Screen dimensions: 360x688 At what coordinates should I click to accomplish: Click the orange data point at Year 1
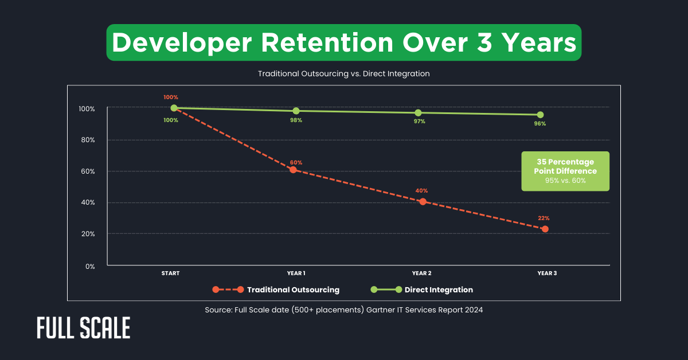click(293, 170)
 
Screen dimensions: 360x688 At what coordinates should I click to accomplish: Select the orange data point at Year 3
click(545, 229)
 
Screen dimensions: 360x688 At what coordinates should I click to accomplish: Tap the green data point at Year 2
click(418, 112)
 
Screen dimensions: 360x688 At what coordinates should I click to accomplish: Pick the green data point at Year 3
click(540, 115)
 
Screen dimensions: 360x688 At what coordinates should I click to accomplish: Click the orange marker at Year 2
click(423, 201)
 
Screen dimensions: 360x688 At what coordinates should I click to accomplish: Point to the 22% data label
click(544, 218)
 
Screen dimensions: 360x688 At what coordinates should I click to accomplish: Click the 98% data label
click(296, 120)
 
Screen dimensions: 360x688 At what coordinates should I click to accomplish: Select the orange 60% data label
click(296, 162)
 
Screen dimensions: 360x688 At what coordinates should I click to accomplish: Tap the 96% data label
click(540, 123)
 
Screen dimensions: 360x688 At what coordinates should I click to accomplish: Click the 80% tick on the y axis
click(87, 140)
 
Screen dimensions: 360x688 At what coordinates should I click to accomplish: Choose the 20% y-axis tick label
click(87, 234)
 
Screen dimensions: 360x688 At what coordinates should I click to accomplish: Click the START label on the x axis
click(170, 273)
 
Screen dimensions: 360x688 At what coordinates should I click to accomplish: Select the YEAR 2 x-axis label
click(421, 273)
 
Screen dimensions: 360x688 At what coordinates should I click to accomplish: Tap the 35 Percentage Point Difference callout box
click(565, 171)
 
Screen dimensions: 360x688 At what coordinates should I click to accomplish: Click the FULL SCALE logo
click(84, 328)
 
